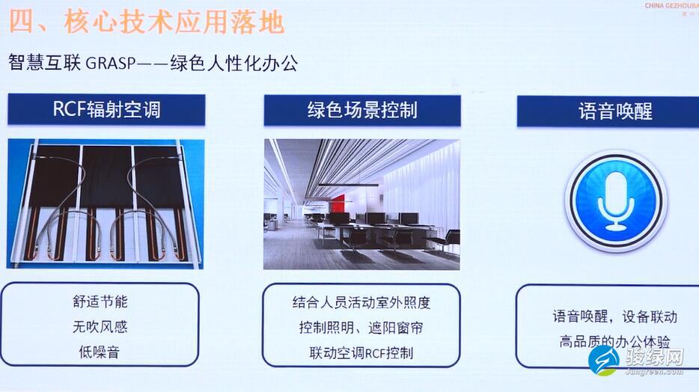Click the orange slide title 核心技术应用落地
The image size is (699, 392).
click(x=174, y=22)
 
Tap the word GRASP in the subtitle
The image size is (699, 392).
click(x=110, y=64)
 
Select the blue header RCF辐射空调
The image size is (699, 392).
click(x=106, y=109)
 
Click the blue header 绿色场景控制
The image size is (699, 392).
click(x=362, y=110)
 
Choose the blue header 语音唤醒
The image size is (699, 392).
click(x=614, y=111)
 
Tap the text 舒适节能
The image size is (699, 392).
click(x=100, y=301)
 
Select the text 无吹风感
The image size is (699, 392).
click(x=100, y=326)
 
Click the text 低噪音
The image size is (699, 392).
click(x=99, y=352)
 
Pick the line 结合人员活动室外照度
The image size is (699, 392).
click(x=361, y=302)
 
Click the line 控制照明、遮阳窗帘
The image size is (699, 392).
click(x=361, y=328)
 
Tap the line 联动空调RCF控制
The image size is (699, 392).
click(x=361, y=353)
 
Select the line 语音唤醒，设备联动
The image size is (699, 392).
click(x=614, y=316)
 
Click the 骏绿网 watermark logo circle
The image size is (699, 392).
click(x=604, y=360)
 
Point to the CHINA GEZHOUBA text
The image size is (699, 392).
click(x=671, y=6)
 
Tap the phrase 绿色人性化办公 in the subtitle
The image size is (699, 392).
click(x=234, y=64)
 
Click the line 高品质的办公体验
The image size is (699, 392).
click(x=614, y=342)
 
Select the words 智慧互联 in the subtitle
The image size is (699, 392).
click(x=45, y=63)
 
